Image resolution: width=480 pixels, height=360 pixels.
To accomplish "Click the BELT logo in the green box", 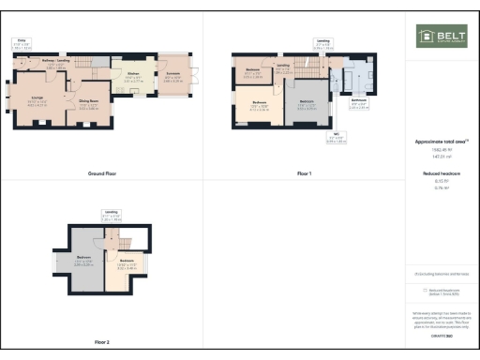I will tap(442, 37).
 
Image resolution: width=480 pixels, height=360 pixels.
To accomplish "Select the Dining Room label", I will tap(88, 106).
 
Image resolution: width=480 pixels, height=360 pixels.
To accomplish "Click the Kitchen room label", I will tap(134, 79).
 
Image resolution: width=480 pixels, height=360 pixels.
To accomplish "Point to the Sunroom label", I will tap(174, 79).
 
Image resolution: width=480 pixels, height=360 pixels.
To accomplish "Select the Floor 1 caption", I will tap(304, 174).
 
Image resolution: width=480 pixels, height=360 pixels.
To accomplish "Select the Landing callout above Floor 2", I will tap(111, 214).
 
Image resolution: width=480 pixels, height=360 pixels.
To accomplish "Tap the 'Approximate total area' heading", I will tap(441, 142).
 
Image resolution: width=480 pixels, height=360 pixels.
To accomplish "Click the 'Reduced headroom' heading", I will tap(441, 174).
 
